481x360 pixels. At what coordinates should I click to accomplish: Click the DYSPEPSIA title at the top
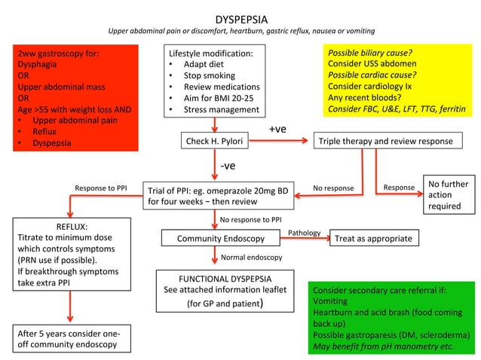pos(240,18)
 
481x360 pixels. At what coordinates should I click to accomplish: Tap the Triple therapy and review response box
pos(385,141)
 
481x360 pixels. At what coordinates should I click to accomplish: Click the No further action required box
pos(448,195)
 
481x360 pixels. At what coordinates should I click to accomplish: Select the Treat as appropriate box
pos(374,239)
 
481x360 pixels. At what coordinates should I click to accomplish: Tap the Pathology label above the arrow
pos(305,233)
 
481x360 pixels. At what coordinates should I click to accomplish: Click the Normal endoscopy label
pos(251,258)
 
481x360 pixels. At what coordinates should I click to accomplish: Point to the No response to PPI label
pos(251,220)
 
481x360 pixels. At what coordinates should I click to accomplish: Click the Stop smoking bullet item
pos(209,75)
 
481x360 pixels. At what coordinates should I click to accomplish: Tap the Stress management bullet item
pos(220,110)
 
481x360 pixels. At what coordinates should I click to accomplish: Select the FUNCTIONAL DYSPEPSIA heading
pos(214,278)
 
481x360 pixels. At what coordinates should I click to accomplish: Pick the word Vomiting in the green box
pos(333,301)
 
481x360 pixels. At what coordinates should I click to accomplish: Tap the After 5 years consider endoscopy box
pos(69,338)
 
